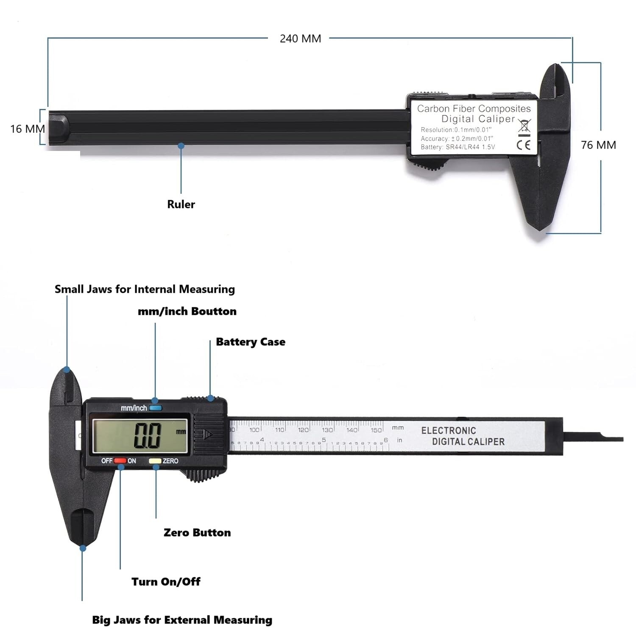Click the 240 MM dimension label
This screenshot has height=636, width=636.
pyautogui.click(x=300, y=39)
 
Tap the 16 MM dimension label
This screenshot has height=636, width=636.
pyautogui.click(x=28, y=128)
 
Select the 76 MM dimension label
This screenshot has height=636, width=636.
pyautogui.click(x=598, y=145)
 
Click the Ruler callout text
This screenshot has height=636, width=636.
pyautogui.click(x=181, y=204)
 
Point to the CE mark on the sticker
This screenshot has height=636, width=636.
pyautogui.click(x=524, y=145)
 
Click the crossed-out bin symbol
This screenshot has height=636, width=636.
pyautogui.click(x=524, y=126)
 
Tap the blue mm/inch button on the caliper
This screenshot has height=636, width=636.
pyautogui.click(x=156, y=408)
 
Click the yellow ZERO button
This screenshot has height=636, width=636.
pyautogui.click(x=155, y=461)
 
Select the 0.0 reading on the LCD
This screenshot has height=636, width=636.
pyautogui.click(x=148, y=435)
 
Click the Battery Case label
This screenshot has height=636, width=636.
pyautogui.click(x=250, y=342)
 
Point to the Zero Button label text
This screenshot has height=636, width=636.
pyautogui.click(x=197, y=533)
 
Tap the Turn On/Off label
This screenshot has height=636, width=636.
pyautogui.click(x=166, y=581)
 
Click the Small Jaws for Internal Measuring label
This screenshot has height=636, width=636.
pyautogui.click(x=145, y=289)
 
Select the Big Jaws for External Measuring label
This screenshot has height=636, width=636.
pyautogui.click(x=182, y=620)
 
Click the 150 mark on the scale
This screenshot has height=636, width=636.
pyautogui.click(x=376, y=430)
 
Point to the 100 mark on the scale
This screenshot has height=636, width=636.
pyautogui.click(x=254, y=430)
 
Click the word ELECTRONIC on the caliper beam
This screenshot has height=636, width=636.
pyautogui.click(x=449, y=431)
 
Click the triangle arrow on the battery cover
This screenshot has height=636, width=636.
pyautogui.click(x=208, y=434)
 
